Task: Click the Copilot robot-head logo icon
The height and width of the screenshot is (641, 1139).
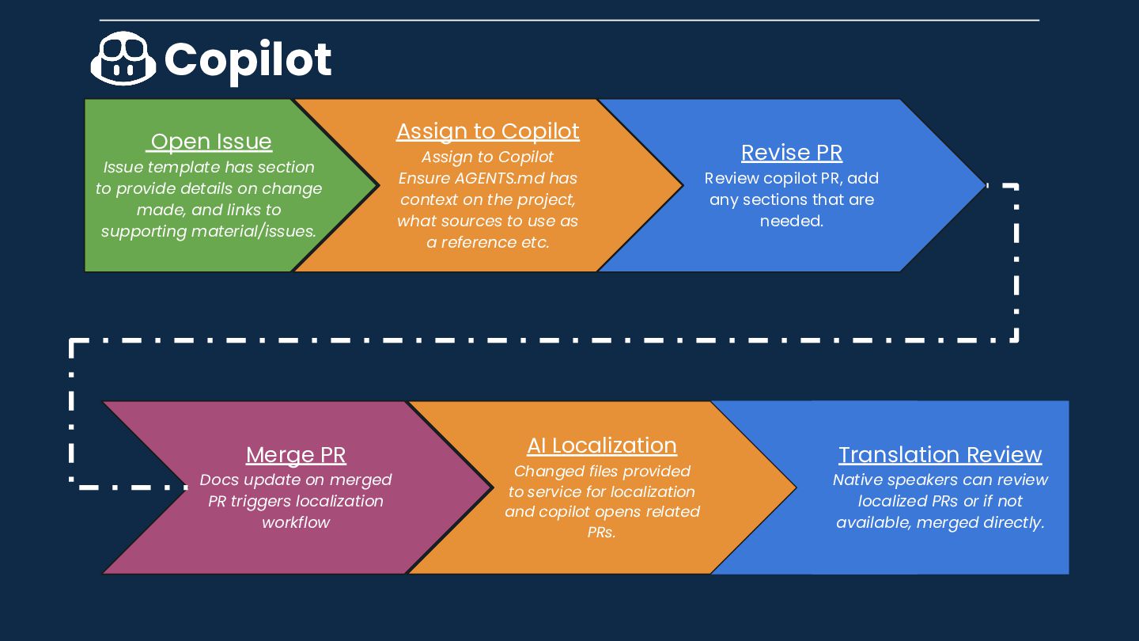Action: coord(123,59)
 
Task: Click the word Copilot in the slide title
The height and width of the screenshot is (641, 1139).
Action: coord(248,59)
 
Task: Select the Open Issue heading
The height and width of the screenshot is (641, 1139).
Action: coord(210,142)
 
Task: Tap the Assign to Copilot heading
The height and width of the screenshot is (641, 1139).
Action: coord(487,131)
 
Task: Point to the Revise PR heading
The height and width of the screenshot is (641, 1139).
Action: coord(791,153)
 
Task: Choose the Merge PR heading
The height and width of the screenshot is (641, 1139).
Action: coord(296,455)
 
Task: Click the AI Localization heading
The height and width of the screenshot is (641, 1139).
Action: coord(601,446)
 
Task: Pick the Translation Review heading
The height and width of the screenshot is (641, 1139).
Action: coord(940,455)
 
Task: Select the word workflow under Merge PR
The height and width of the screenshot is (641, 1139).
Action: coord(296,522)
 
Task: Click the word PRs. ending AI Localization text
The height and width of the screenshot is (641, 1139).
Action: coord(601,533)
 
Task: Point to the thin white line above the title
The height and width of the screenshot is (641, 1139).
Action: coord(569,20)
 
